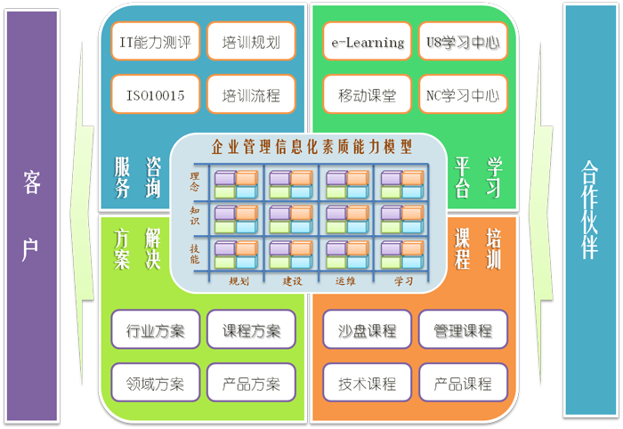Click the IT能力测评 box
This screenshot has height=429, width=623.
[150, 42]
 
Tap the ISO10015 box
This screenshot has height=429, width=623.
[150, 94]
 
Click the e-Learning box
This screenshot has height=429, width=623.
[367, 42]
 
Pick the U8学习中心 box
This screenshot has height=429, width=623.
[463, 42]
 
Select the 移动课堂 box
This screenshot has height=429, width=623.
[367, 94]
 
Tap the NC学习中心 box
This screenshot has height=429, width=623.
[463, 94]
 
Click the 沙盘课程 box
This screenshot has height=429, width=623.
[367, 331]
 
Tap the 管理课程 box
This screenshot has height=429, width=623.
[463, 331]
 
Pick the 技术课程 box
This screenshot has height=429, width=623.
[367, 384]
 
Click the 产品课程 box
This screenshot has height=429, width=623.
[463, 384]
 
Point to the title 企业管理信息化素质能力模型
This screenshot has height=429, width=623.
[311, 147]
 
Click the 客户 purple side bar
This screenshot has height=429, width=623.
[31, 214]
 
